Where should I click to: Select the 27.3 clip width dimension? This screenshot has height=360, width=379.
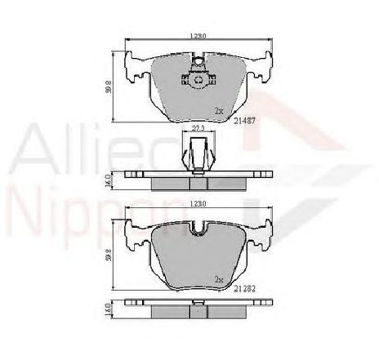point(197,128)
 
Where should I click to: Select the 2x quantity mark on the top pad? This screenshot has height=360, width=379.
point(218,109)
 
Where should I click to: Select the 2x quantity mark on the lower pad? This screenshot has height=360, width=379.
point(218,279)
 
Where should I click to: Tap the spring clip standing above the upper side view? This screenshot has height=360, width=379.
point(197,153)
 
